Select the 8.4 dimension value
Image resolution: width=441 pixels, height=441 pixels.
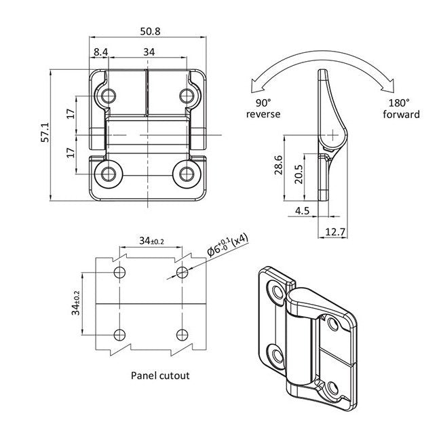100,52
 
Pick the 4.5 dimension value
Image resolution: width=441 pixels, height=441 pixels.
303,211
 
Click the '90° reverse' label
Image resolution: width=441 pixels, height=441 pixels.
263,109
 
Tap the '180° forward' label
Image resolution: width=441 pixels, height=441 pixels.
404,109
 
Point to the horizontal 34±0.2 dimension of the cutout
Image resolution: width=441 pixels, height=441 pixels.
151,241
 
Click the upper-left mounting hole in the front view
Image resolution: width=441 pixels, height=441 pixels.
107,96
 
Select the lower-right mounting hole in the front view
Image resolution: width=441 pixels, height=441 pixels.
185,174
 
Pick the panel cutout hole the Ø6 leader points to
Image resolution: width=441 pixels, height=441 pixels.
181,273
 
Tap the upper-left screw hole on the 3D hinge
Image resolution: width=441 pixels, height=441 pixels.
276,292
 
